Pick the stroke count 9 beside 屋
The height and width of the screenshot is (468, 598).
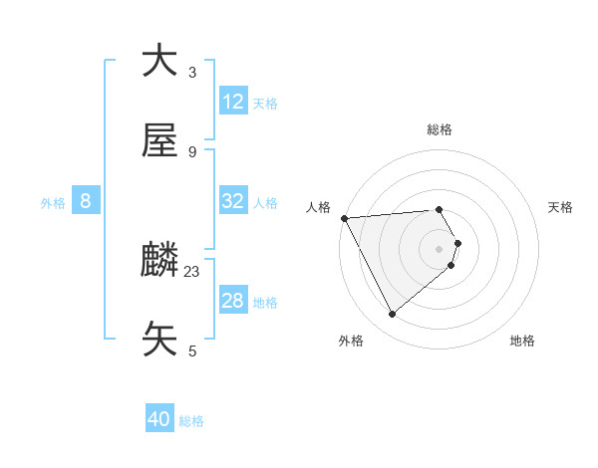192,151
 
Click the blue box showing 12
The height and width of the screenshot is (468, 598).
233,102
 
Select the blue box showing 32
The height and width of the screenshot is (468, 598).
233,201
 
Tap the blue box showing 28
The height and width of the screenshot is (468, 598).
233,301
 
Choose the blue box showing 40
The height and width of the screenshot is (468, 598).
159,420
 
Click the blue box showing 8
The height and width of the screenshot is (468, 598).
86,201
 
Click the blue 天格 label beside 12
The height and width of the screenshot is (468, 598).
265,103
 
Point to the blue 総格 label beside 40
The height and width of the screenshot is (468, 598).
191,421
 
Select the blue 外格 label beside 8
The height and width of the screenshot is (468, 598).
53,202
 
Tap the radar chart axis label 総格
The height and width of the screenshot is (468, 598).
440,129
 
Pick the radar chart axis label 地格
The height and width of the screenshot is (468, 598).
522,341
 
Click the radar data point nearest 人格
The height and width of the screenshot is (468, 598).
344,218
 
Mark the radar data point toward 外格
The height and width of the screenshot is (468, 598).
392,315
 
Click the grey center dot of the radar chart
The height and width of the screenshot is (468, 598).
440,247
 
